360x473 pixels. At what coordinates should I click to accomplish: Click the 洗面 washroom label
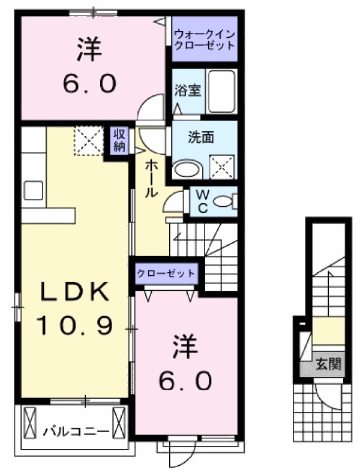(201, 137)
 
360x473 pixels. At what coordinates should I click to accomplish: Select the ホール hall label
(150, 177)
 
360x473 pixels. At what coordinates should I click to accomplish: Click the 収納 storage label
(119, 141)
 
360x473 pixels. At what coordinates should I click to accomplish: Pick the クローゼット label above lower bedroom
(166, 273)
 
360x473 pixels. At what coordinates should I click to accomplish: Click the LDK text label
(75, 293)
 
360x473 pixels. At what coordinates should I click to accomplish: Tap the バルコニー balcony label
(76, 431)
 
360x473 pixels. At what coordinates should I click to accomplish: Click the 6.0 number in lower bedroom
(186, 379)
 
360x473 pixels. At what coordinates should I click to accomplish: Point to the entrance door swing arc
(329, 399)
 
